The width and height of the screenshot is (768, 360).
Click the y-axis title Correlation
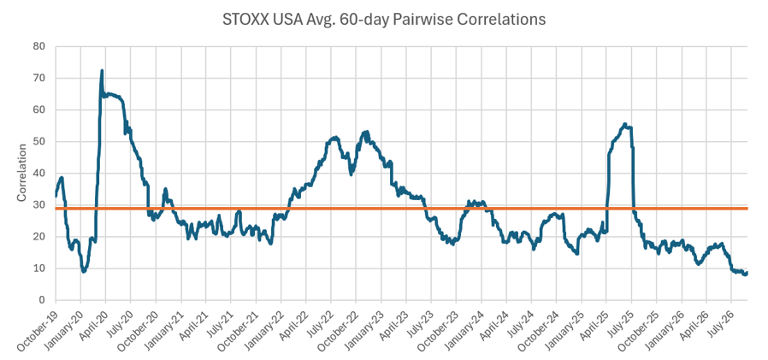(21, 173)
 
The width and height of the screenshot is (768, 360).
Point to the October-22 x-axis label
(338, 329)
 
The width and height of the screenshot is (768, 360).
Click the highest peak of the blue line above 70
(102, 71)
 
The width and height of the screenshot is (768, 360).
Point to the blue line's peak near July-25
(624, 124)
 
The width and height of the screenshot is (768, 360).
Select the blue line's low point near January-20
(84, 271)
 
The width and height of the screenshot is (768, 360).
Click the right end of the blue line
(747, 273)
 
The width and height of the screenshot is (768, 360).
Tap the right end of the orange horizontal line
(747, 209)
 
